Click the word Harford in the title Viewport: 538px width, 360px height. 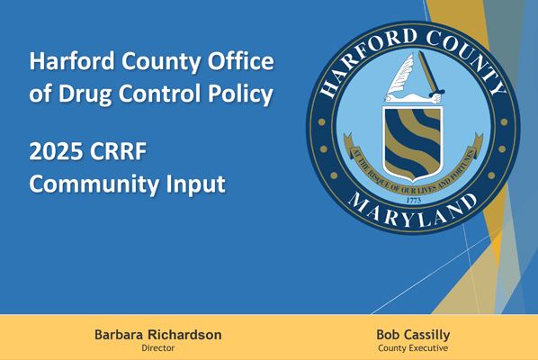(68, 62)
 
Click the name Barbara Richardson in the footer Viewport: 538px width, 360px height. (157, 335)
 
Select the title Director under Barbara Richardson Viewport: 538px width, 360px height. (157, 347)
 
